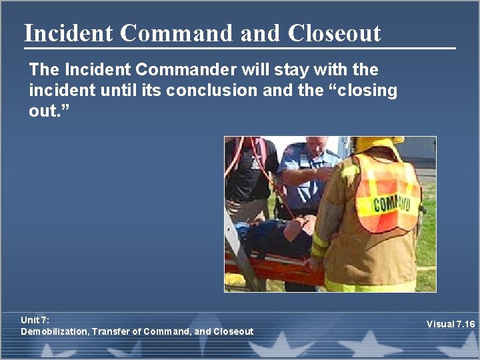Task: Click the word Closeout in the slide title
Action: [335, 33]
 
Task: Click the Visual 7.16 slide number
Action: [451, 325]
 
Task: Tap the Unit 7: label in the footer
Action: [35, 321]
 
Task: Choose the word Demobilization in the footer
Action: [54, 331]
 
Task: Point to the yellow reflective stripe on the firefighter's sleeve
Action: [319, 244]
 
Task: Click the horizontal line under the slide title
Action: [240, 48]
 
